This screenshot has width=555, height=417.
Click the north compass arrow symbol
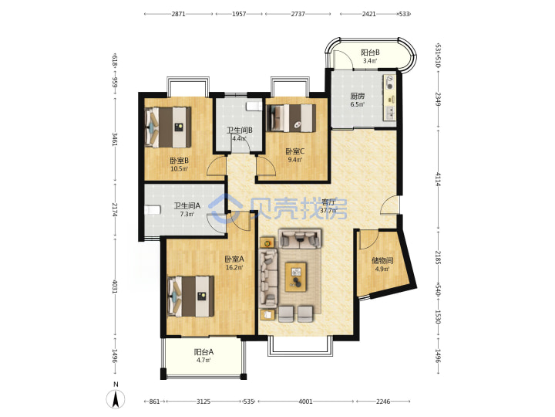pos(116,399)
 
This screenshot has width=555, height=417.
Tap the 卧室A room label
pos(234,259)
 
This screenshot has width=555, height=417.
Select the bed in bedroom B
pos(168,127)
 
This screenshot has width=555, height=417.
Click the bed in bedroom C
pos(293,117)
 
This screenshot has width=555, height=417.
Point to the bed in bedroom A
pos(191,297)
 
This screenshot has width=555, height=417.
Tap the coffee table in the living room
pos(296,276)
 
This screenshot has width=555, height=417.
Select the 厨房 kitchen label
pos(358,96)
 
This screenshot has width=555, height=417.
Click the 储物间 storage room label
pos(382,261)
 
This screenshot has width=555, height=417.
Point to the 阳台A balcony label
pos(203,352)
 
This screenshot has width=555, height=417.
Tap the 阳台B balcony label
pos(370,53)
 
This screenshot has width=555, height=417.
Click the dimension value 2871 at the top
pos(178,14)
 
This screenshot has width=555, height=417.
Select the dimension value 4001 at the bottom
pos(306,402)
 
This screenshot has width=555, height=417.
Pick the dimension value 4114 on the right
pos(438,179)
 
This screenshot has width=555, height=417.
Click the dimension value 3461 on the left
pos(115,139)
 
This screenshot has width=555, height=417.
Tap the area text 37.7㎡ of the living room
pos(328,210)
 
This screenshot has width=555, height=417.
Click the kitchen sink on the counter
pos(390,113)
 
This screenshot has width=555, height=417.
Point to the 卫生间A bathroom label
pos(187,205)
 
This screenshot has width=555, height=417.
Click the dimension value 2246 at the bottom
pos(383,402)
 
